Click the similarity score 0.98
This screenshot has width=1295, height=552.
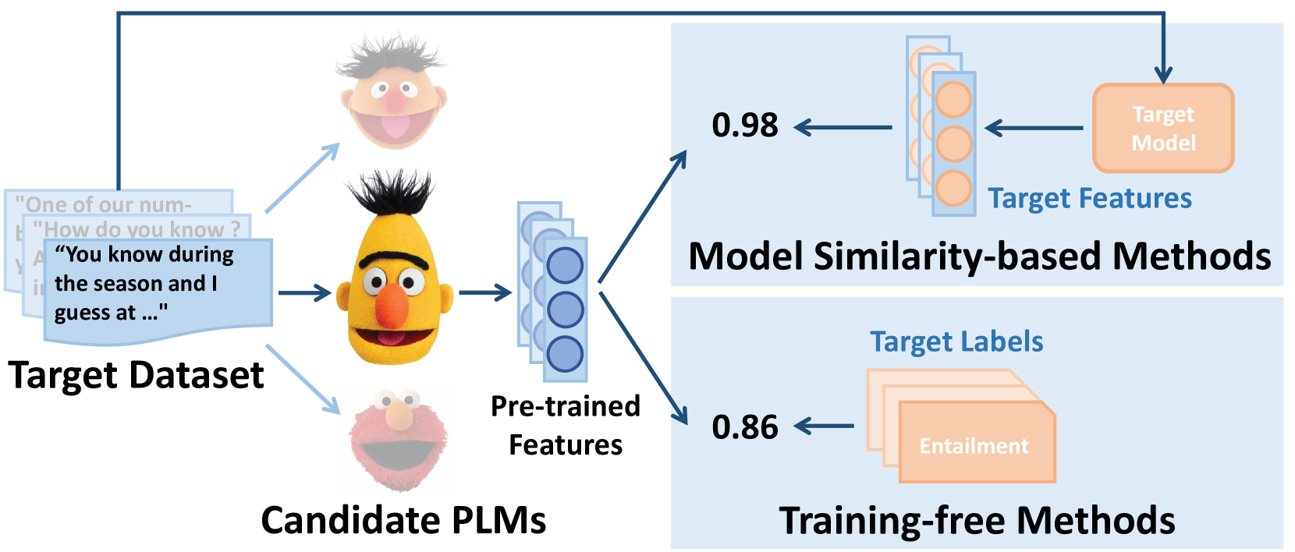pos(745,125)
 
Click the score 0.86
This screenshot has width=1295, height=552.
pos(745,426)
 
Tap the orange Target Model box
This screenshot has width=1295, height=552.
pos(1163,128)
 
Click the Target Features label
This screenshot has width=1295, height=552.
pos(1090,198)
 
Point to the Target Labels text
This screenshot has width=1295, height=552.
pos(956,341)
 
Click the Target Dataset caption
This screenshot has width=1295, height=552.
pos(137,375)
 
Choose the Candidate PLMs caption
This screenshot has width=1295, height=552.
pos(403,520)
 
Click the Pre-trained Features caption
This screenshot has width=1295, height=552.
pos(566,425)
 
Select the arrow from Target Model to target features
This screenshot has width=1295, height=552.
pos(1034,128)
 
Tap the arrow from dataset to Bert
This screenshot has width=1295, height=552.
pos(305,293)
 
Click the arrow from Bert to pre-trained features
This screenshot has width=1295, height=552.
pos(485,293)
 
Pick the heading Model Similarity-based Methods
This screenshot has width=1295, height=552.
pos(979,256)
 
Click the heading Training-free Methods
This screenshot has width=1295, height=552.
pos(977,520)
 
